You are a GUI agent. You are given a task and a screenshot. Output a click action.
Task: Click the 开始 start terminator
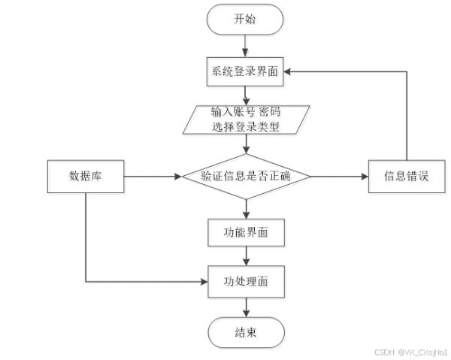pos(245,20)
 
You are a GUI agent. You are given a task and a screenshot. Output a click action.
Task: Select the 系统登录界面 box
pos(245,71)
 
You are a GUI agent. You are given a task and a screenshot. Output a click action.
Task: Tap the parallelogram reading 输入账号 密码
pos(247,119)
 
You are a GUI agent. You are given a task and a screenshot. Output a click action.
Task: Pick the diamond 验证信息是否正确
pos(247,177)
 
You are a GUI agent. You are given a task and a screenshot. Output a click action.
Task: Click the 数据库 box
pos(86,177)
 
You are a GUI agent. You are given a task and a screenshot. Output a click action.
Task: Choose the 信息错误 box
pos(407,177)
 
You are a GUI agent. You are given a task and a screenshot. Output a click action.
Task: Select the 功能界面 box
pos(247,232)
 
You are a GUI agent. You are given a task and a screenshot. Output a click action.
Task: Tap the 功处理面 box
pos(247,282)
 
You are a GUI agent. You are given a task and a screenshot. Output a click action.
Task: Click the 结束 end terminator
pos(247,333)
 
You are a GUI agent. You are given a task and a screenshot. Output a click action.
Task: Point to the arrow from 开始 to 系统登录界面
pos(245,46)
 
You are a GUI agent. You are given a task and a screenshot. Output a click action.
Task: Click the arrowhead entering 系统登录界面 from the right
pos(287,71)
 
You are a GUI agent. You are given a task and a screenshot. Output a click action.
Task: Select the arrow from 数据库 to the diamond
pos(153,177)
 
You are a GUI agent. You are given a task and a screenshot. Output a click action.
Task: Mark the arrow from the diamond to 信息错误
pos(340,177)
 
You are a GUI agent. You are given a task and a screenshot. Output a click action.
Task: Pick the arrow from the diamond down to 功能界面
pos(247,209)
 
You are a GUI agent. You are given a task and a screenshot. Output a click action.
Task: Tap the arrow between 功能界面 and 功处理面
pos(247,256)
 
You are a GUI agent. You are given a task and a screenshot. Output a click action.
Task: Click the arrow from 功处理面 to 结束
pos(247,307)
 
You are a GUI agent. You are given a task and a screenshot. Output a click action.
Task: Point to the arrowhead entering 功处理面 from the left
pos(204,282)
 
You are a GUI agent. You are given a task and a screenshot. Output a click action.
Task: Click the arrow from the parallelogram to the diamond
pos(247,144)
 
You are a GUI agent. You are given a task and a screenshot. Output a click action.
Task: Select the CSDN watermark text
pos(411,352)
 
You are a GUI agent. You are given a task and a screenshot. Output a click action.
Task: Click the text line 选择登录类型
pos(246,127)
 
